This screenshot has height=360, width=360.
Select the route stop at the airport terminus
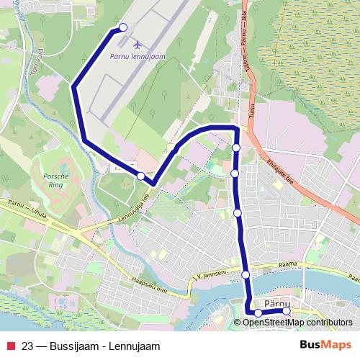[x=122, y=27]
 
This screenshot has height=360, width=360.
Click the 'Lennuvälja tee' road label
[x=134, y=210]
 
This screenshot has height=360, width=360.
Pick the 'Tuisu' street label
[x=253, y=109]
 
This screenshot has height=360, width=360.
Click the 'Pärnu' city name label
[x=277, y=303]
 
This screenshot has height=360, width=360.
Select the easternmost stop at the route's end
[x=286, y=311]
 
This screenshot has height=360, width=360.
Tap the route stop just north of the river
[x=246, y=274]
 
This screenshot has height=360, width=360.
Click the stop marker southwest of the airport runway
[x=141, y=176]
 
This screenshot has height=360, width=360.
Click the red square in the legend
[x=10, y=346]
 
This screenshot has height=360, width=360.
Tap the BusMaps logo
[x=325, y=346]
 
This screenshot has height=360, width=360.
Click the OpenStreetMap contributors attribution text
[x=297, y=323]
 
